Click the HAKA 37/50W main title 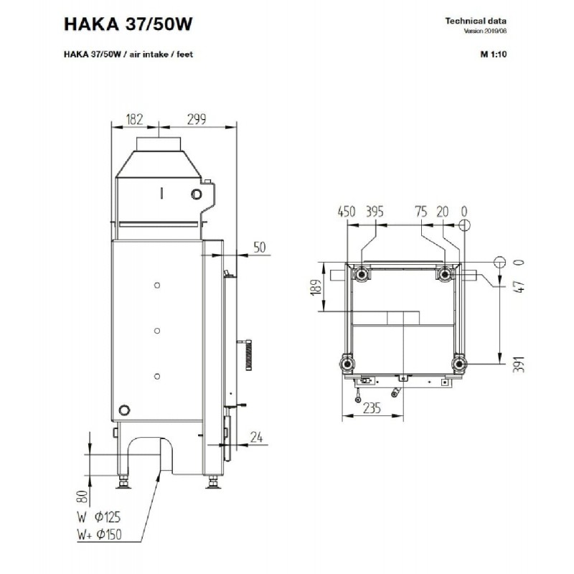[128, 24]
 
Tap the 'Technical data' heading [476, 21]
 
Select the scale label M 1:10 [494, 55]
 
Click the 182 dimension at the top [134, 119]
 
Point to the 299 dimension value [197, 119]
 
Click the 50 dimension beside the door [260, 247]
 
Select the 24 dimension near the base [256, 437]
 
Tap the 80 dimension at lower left [83, 497]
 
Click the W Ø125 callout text [99, 517]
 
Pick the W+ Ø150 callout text [99, 535]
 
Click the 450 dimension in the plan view [347, 212]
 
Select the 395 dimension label [375, 212]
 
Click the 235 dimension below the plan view [372, 408]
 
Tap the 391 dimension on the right [518, 364]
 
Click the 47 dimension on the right [519, 286]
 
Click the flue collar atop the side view [159, 144]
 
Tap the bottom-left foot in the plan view [347, 364]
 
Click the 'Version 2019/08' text [485, 31]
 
